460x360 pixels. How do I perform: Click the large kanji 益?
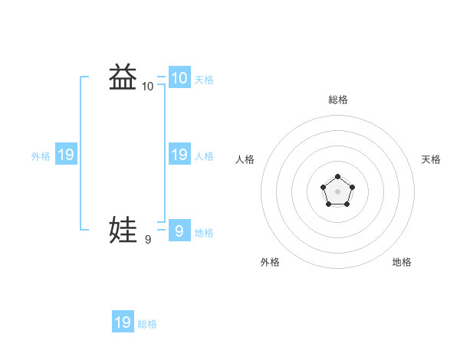click(123, 77)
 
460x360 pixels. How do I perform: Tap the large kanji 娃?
click(123, 230)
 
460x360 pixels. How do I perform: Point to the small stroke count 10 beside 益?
click(147, 87)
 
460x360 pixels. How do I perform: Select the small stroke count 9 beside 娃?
click(147, 240)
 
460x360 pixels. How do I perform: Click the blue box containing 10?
click(179, 77)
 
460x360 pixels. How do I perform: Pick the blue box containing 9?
click(179, 230)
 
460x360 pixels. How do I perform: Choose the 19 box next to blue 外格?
click(65, 155)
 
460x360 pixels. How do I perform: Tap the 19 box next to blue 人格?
click(179, 155)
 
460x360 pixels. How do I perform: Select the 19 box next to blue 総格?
click(123, 322)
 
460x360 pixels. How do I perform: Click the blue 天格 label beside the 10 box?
click(204, 79)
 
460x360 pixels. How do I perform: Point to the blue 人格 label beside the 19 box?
click(204, 156)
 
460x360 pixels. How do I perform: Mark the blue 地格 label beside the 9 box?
click(204, 232)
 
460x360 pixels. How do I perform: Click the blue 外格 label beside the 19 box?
click(41, 156)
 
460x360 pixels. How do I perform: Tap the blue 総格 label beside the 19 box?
click(147, 324)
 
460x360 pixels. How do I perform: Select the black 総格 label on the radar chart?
click(338, 100)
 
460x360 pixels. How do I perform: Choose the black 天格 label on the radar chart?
click(431, 159)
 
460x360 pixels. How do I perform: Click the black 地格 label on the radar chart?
click(402, 262)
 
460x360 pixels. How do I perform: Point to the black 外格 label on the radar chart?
click(270, 262)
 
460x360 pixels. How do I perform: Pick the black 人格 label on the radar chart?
click(245, 159)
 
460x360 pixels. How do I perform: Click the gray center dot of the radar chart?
click(337, 191)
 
